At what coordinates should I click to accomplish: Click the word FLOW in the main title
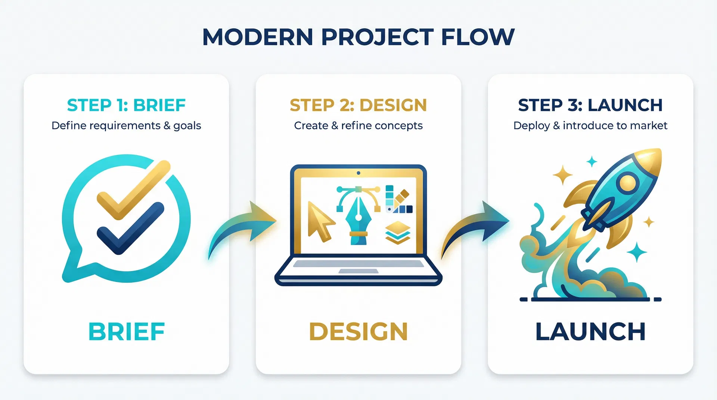pyautogui.click(x=478, y=37)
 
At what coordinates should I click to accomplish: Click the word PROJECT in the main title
pyautogui.click(x=377, y=37)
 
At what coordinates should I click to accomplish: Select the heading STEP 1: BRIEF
pyautogui.click(x=126, y=105)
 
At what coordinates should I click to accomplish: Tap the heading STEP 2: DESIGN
pyautogui.click(x=358, y=105)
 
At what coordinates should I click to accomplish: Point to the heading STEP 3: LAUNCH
pyautogui.click(x=590, y=105)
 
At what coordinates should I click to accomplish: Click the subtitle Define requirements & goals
pyautogui.click(x=126, y=126)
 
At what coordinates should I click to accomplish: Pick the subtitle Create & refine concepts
pyautogui.click(x=358, y=126)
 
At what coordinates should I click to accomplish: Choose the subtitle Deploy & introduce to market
pyautogui.click(x=590, y=126)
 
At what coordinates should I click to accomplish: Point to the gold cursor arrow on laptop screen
pyautogui.click(x=319, y=222)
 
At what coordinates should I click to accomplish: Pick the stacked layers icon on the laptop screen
pyautogui.click(x=398, y=232)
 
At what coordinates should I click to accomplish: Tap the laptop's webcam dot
pyautogui.click(x=358, y=173)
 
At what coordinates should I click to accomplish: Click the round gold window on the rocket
pyautogui.click(x=627, y=183)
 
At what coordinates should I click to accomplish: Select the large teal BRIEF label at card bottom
pyautogui.click(x=127, y=332)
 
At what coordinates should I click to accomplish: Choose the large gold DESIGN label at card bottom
pyautogui.click(x=358, y=332)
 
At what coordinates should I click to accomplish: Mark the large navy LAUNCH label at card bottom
pyautogui.click(x=590, y=332)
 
